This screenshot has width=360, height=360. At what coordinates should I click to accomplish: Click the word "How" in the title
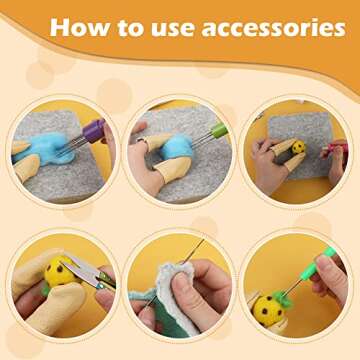77,28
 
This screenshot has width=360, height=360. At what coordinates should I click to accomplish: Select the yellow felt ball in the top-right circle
298,148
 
